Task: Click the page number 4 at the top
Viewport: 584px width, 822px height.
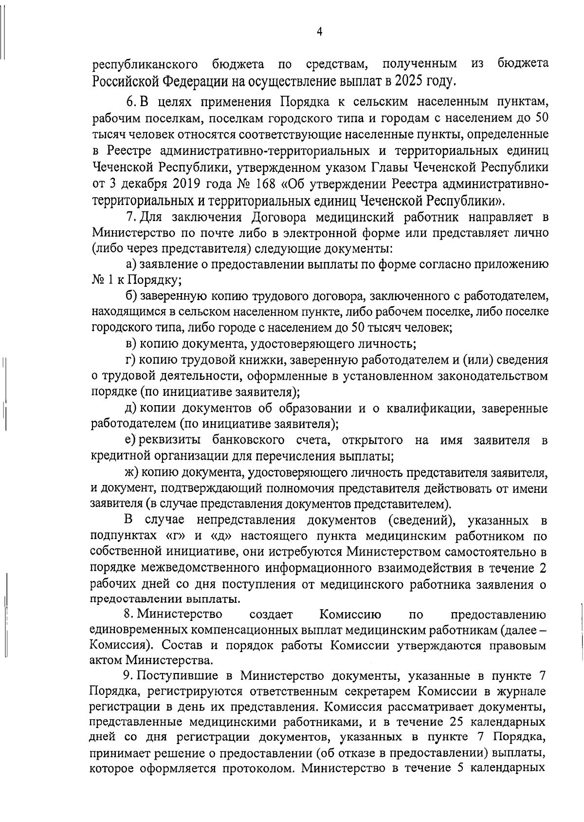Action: pos(319,32)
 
